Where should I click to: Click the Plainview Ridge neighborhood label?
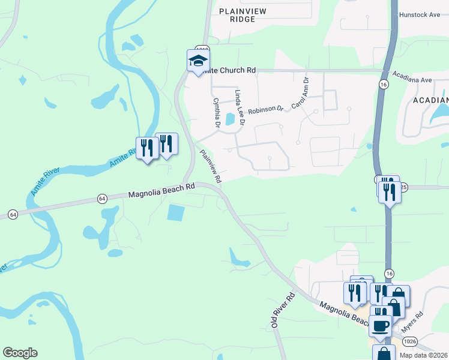click(x=237, y=15)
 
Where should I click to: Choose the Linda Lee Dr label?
click(x=240, y=107)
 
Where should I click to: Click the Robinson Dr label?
click(x=265, y=110)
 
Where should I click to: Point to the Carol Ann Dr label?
click(x=300, y=93)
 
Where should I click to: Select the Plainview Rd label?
click(x=210, y=166)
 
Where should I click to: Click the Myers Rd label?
click(x=413, y=322)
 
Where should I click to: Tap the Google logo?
click(x=20, y=353)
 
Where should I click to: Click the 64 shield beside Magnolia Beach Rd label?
click(x=101, y=198)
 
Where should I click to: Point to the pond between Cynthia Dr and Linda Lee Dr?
click(x=229, y=119)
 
